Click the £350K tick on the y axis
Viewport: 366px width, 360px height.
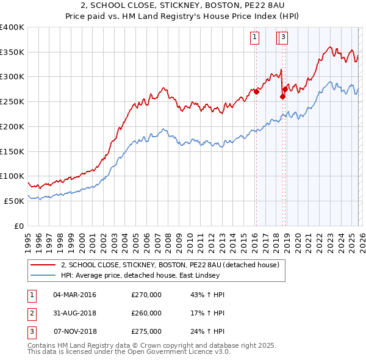click(x=12, y=52)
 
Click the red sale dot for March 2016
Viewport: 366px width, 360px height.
click(x=256, y=92)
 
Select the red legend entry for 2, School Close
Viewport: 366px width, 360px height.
click(x=170, y=264)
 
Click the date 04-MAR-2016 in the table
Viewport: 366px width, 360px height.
click(x=74, y=295)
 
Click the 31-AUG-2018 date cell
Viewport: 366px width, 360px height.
click(x=74, y=313)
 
